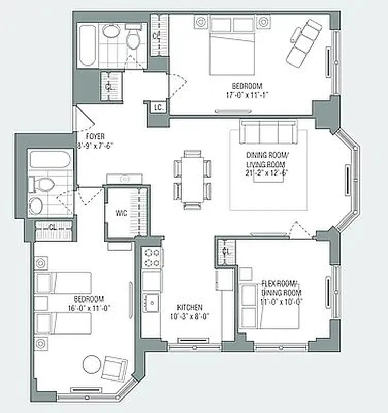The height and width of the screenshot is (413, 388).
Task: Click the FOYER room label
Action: [95, 136]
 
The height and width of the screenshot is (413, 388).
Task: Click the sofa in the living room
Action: [268, 132]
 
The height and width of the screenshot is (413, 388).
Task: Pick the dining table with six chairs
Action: [192, 179]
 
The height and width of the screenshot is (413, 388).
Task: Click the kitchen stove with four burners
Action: [153, 258]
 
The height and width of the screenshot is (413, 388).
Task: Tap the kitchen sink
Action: [152, 303]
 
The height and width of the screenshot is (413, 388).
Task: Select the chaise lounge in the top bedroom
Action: [304, 42]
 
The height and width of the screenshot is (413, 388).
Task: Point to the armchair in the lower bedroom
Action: [114, 368]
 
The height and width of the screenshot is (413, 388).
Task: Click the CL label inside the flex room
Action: [226, 252]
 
